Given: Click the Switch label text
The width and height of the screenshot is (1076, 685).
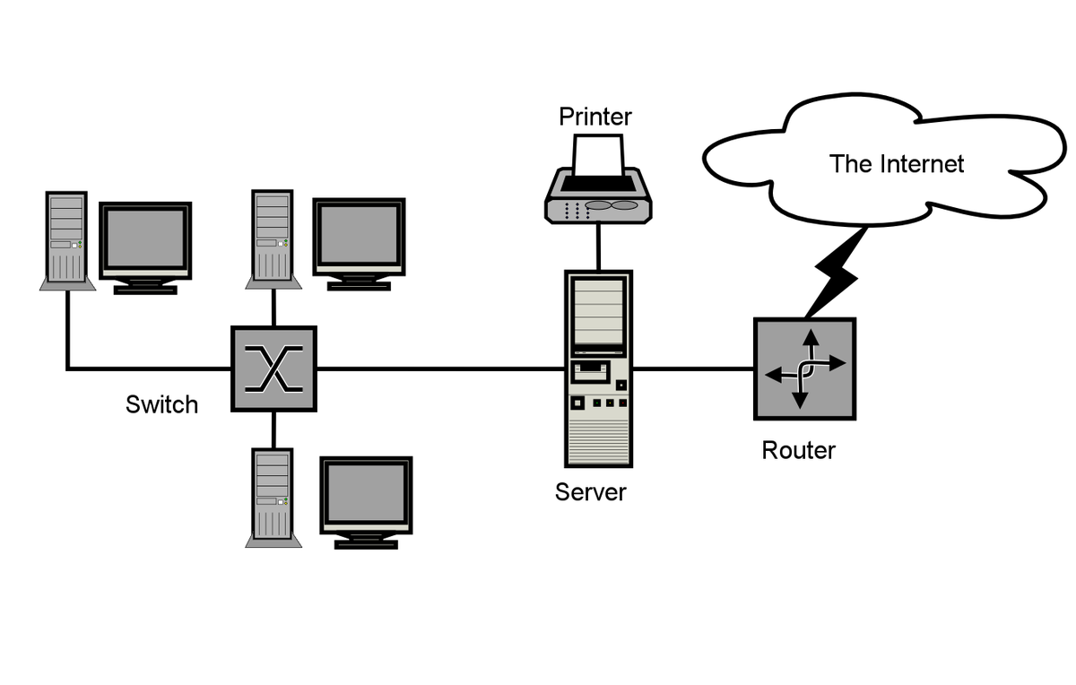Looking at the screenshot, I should [161, 404].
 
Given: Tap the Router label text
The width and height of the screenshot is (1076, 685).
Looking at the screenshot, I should [798, 450].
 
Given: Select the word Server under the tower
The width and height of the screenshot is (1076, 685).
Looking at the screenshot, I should [591, 491].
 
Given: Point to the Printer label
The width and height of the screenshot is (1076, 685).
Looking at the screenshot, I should [595, 117].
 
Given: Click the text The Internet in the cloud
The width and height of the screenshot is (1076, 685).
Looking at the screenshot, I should [897, 164].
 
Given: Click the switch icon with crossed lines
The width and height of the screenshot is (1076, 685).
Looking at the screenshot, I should [273, 369].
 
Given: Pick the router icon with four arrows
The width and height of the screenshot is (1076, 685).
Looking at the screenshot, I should [804, 369].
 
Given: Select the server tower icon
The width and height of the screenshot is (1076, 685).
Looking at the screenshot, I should [598, 368].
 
